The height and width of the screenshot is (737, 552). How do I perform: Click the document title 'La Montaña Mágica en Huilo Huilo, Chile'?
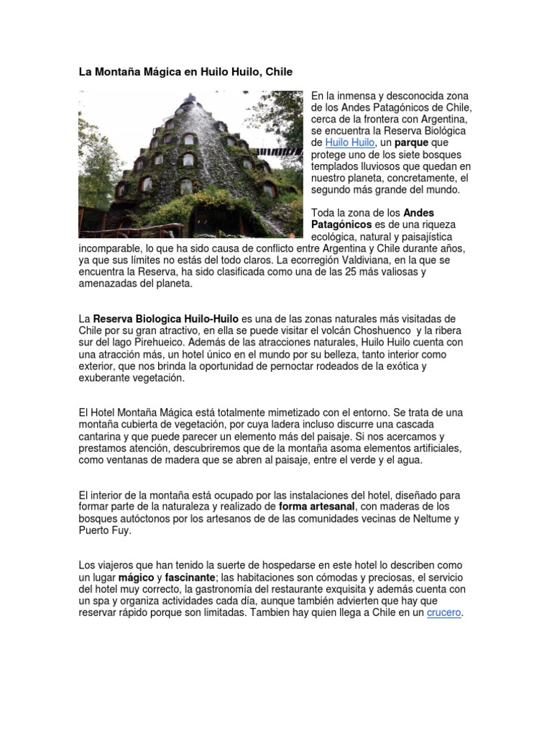[185, 72]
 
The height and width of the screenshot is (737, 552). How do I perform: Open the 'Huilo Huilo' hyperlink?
[349, 143]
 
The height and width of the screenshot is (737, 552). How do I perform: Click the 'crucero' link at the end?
[443, 613]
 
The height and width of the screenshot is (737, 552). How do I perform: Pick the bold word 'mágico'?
[137, 578]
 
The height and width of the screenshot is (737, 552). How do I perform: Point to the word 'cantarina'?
[103, 437]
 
